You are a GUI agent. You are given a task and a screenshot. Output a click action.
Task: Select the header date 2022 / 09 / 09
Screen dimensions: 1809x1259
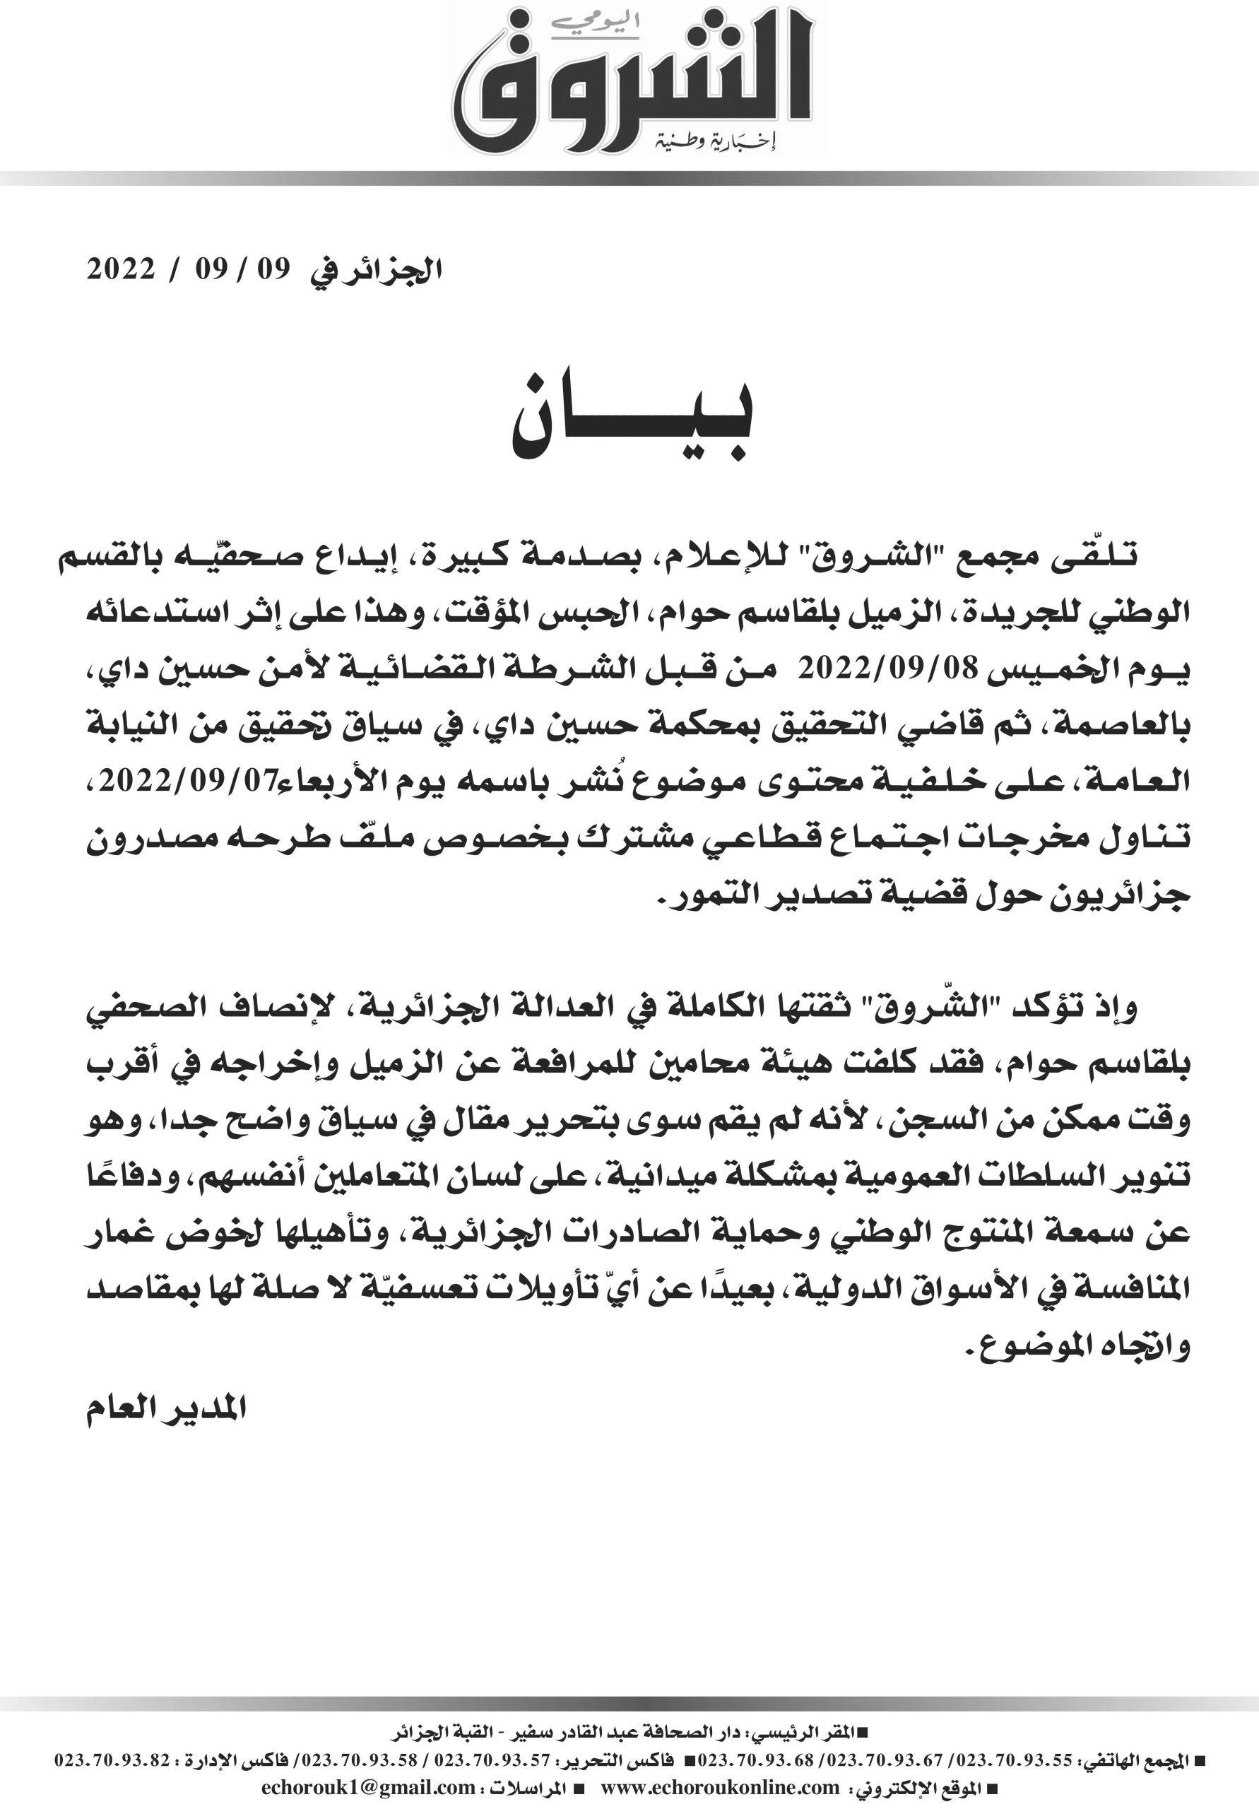pos(189,270)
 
